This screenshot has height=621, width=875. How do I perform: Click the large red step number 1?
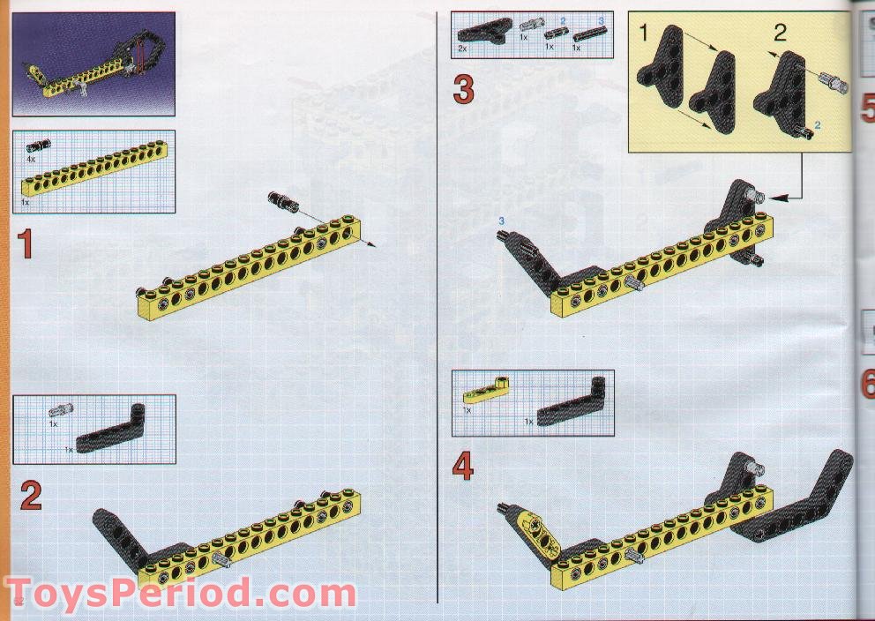[x=26, y=243]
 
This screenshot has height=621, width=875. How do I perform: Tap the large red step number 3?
[x=464, y=90]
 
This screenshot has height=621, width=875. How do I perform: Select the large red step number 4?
[x=463, y=467]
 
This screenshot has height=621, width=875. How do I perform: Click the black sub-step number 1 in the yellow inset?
[x=643, y=34]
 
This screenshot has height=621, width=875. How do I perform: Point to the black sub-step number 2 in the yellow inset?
[x=779, y=34]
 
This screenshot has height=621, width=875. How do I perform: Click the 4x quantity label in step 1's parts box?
[x=31, y=159]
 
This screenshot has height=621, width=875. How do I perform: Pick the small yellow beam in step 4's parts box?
[x=488, y=389]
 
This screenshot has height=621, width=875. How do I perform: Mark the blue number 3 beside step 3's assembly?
[x=501, y=219]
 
